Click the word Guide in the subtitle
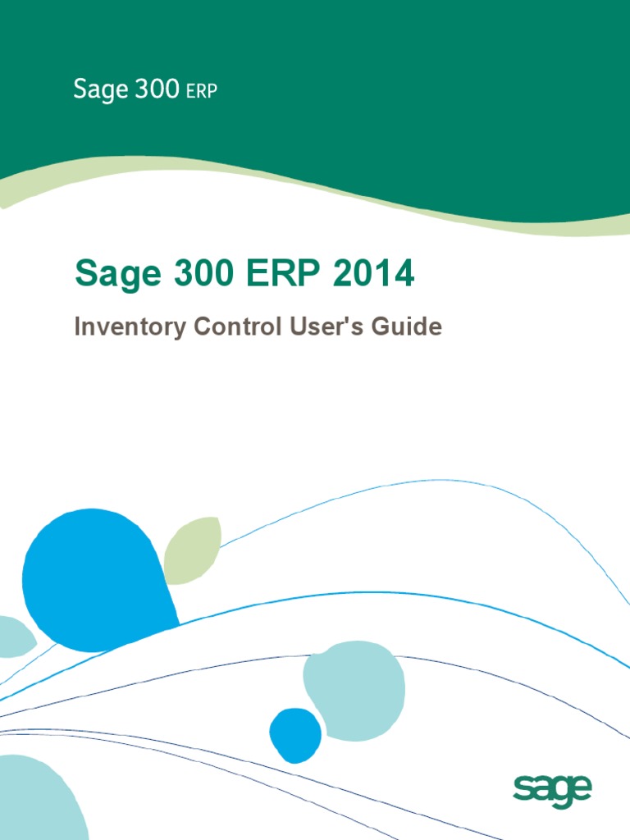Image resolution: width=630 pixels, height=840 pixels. [409, 327]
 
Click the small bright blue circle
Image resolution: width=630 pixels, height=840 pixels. [295, 735]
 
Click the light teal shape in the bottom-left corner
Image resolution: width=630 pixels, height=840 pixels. [37, 800]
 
